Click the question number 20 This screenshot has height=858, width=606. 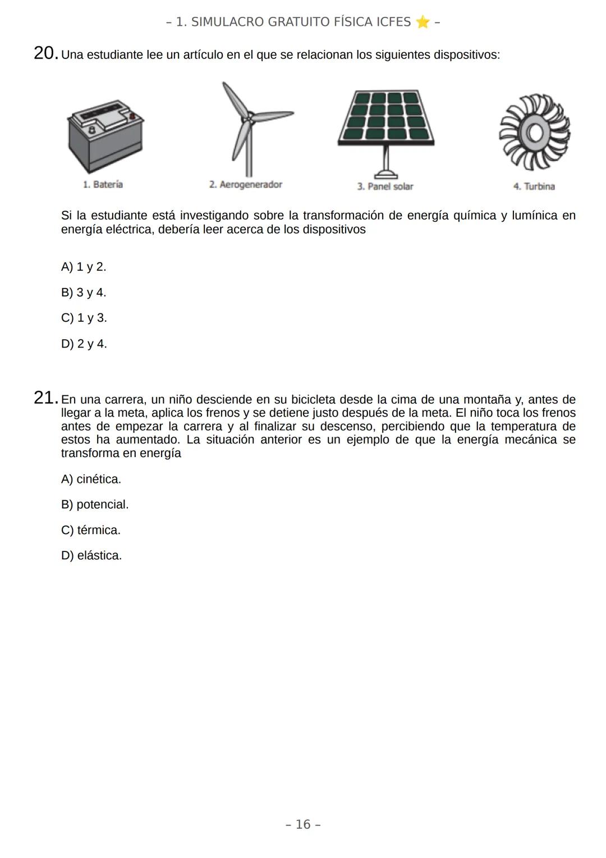click(x=45, y=54)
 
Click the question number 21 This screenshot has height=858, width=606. click(x=45, y=399)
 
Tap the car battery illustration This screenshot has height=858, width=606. click(x=105, y=137)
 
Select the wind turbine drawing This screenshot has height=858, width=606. click(x=249, y=128)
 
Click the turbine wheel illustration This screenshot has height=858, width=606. click(x=534, y=133)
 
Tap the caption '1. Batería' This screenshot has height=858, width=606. click(x=103, y=184)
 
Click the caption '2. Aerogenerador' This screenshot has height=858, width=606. click(x=245, y=185)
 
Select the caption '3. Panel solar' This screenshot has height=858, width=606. click(x=385, y=186)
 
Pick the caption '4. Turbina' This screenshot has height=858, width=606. click(x=534, y=186)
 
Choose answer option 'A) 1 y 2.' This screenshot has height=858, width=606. click(x=84, y=267)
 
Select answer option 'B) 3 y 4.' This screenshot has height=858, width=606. click(x=84, y=293)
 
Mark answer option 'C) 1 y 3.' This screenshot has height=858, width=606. click(x=84, y=318)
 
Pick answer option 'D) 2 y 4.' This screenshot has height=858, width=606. click(x=84, y=344)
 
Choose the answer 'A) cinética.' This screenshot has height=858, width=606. click(x=91, y=479)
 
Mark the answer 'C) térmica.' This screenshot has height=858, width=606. click(x=91, y=530)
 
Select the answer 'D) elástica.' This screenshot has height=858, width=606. click(x=91, y=555)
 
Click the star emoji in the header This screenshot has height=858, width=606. click(x=423, y=22)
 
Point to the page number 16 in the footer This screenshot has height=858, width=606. click(x=303, y=824)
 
